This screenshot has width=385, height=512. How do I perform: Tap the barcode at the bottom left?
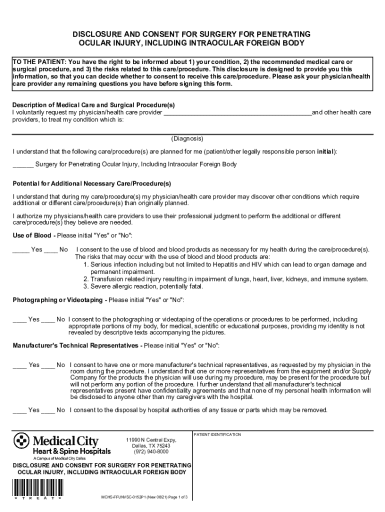(37, 488)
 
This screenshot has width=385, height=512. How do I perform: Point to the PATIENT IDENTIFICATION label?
(217, 434)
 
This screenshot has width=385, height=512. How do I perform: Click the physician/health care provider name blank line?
(237, 112)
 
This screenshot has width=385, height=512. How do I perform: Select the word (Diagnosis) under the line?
(187, 138)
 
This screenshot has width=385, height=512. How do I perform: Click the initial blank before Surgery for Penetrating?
(23, 164)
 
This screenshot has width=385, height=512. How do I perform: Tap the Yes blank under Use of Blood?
(21, 249)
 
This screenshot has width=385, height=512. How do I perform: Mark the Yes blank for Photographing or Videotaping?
(19, 319)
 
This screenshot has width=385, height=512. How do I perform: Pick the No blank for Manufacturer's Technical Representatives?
(48, 365)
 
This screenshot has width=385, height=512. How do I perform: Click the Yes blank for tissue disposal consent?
(19, 410)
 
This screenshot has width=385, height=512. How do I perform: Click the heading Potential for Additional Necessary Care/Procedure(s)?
(91, 183)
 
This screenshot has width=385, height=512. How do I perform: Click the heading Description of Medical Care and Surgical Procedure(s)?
(93, 105)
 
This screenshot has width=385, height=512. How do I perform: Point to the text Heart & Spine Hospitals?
(72, 451)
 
